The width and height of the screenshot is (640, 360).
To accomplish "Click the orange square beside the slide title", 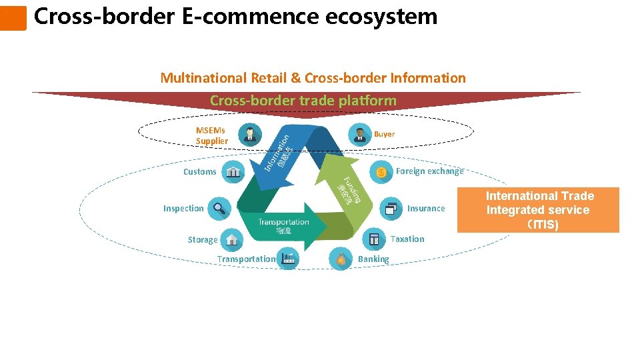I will click(x=13, y=18).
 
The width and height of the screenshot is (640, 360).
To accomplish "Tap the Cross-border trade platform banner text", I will click(x=303, y=101).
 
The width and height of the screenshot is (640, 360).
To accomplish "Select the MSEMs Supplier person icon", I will click(x=250, y=135).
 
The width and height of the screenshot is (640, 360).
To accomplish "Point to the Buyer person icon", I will click(x=361, y=135).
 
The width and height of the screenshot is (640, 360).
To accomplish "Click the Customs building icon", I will click(x=233, y=172).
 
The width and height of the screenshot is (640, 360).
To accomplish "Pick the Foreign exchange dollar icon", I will click(x=381, y=172).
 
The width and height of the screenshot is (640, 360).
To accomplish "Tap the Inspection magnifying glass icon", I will click(x=219, y=209).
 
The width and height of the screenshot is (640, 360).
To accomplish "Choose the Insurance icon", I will click(x=390, y=209).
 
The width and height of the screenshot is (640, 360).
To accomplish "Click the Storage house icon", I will click(x=231, y=239).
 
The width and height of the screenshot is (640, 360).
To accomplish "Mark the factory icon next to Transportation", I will click(x=289, y=259).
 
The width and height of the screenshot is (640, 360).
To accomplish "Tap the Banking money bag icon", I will click(x=341, y=259).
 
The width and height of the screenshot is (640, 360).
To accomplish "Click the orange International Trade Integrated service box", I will click(x=539, y=210).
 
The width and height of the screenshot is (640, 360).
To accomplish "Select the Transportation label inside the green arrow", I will click(x=283, y=223).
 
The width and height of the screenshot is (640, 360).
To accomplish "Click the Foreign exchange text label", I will click(x=429, y=171).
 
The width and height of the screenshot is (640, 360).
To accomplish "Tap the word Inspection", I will click(x=183, y=209).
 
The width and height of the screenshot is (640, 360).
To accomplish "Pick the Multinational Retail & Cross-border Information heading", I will click(x=313, y=78).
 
